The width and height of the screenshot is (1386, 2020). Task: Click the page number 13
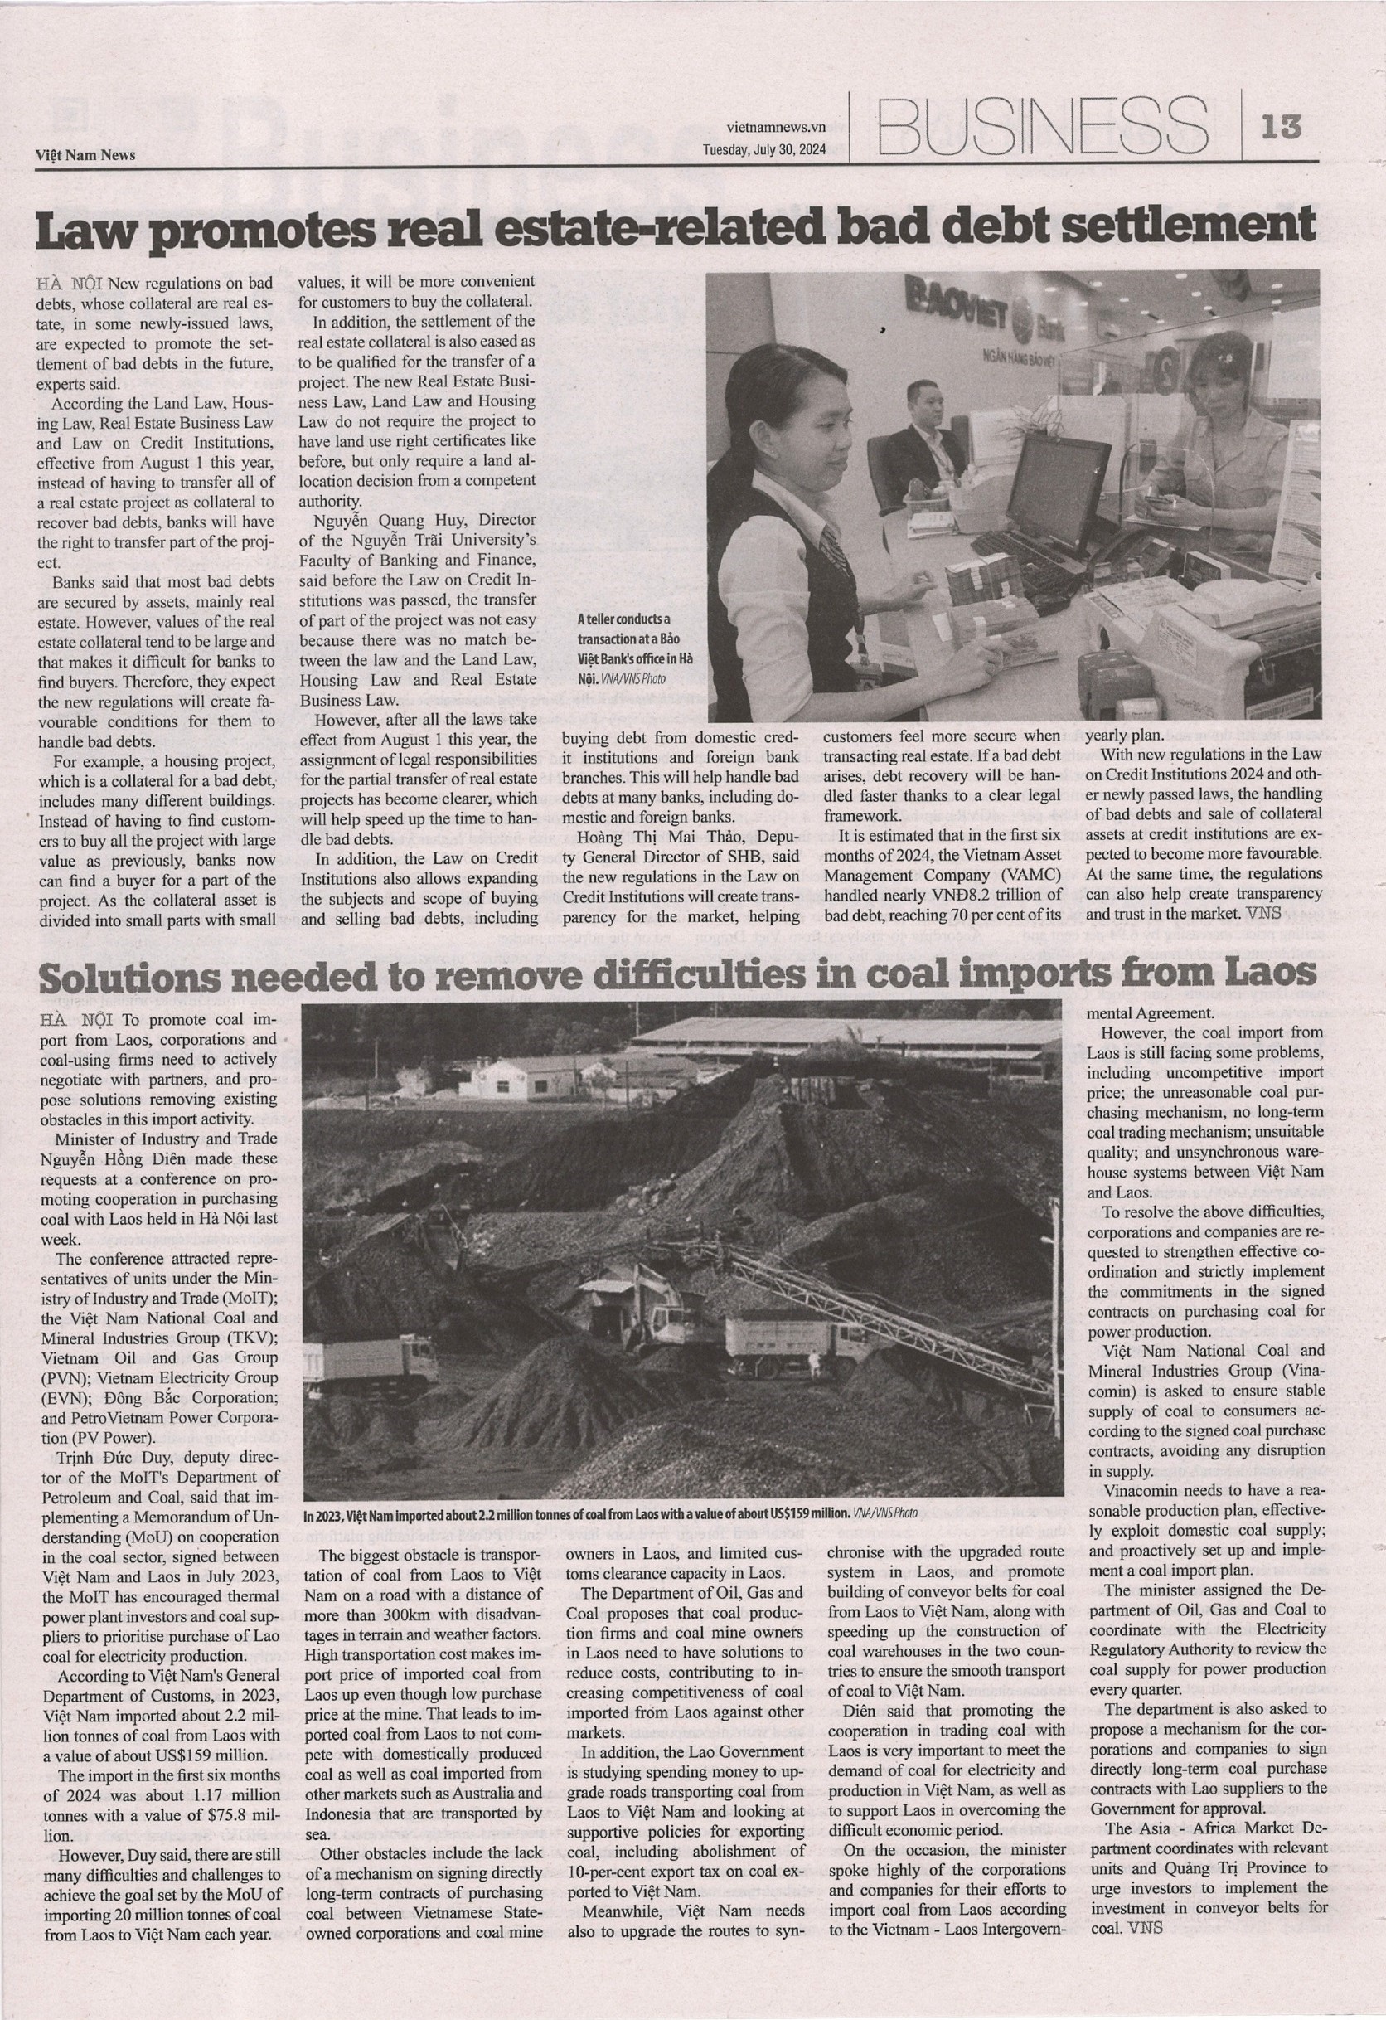click(x=1282, y=128)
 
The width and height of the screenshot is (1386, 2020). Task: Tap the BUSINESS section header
click(x=1043, y=127)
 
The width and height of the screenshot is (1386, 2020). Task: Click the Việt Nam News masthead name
click(x=85, y=155)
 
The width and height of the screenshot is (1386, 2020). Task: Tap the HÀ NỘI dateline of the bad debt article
click(x=70, y=284)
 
